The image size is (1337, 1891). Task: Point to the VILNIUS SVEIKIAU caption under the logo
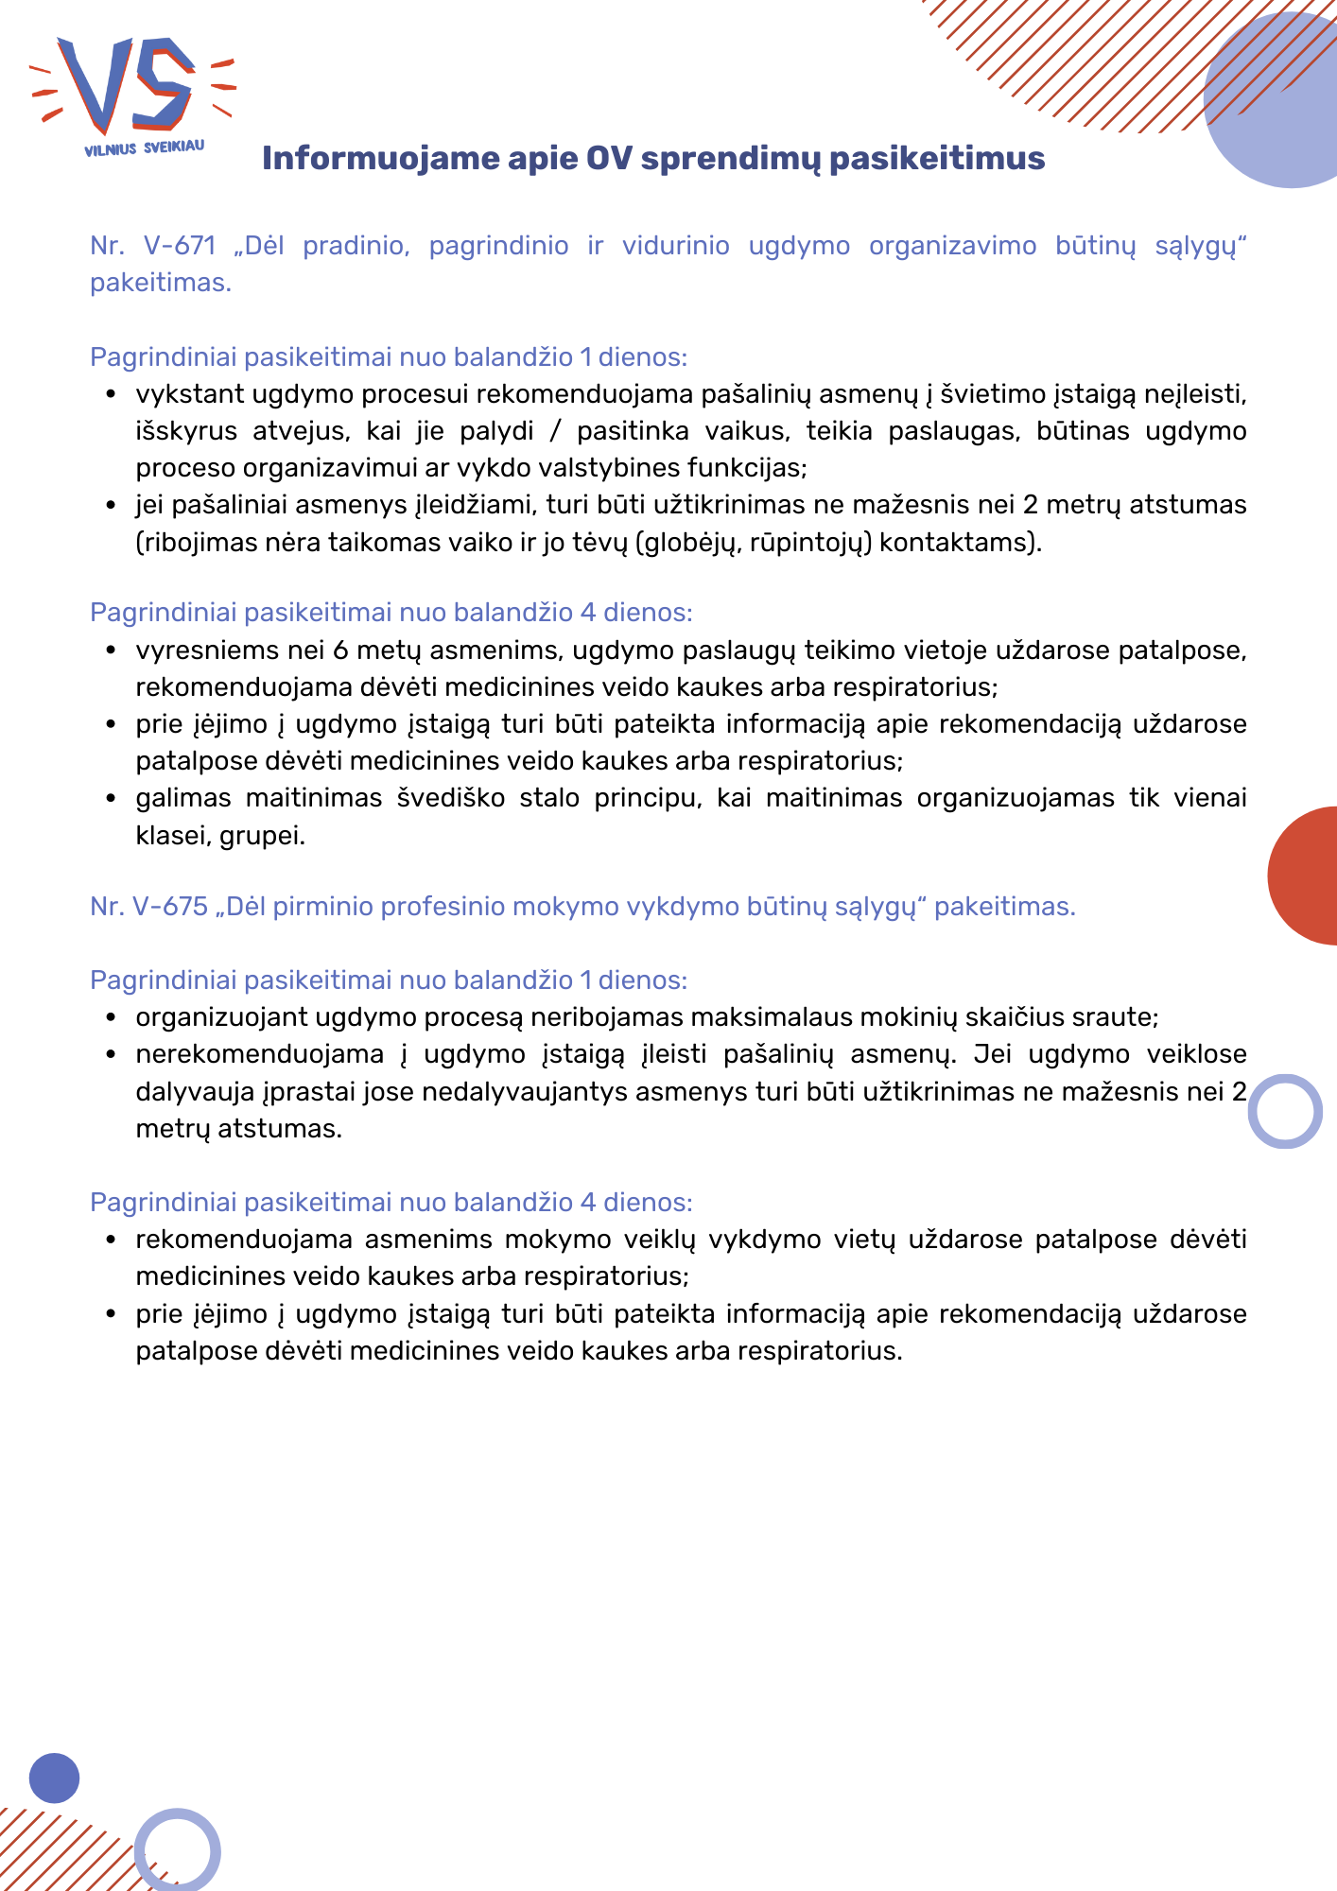144,148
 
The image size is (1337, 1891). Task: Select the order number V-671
180,246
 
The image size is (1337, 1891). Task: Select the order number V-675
169,907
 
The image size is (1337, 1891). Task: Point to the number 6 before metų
341,651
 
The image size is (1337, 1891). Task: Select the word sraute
1115,1017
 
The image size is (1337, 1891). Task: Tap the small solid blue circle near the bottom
54,1778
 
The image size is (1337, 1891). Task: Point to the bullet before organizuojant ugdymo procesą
112,1018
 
